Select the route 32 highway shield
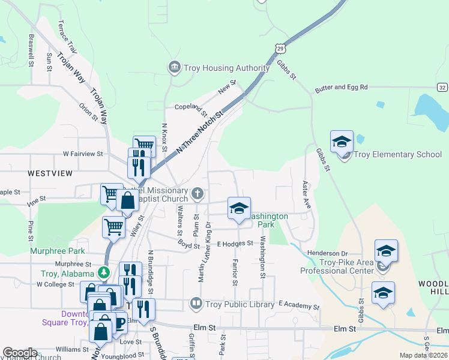coord(442,88)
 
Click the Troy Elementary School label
coord(397,154)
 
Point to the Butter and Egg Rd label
coord(341,88)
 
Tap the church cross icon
coord(198,194)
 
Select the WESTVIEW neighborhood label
coord(50,173)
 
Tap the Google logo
coord(20,353)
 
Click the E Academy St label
coord(299,306)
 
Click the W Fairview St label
coord(83,154)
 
